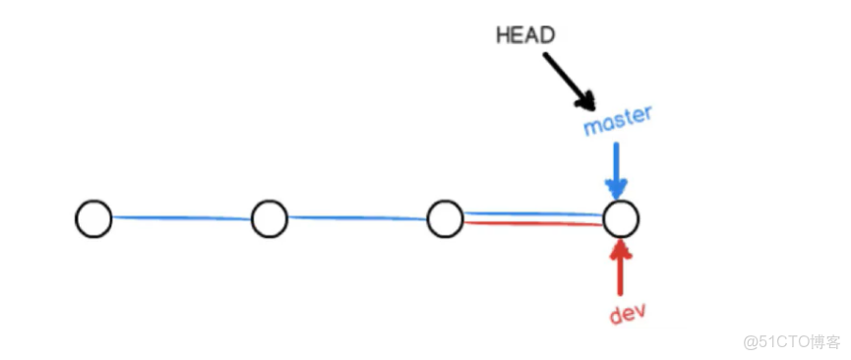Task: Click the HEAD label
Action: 525,34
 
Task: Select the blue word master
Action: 618,123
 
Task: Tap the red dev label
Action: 627,315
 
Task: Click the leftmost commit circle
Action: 93,218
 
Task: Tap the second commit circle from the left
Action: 269,218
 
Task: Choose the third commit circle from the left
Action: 445,218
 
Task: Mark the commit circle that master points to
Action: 621,218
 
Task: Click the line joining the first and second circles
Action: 181,217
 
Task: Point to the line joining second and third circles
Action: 356,217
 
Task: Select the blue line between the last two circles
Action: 532,212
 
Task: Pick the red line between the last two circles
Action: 532,223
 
